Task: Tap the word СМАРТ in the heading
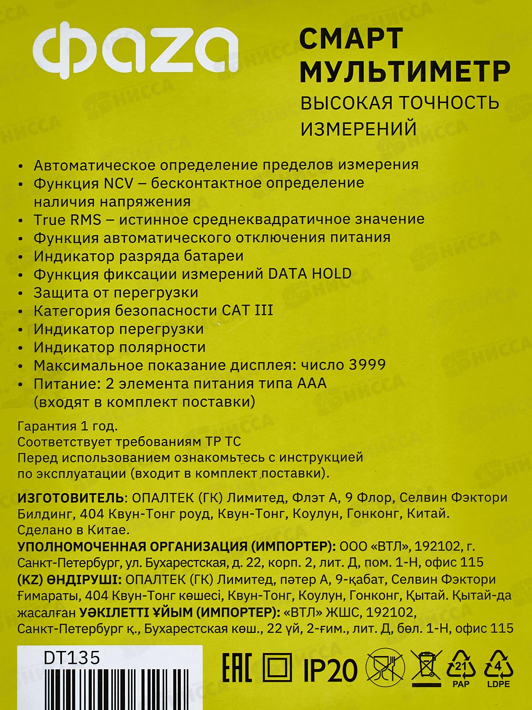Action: [352, 39]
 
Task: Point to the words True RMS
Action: [67, 219]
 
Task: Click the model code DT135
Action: [72, 658]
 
